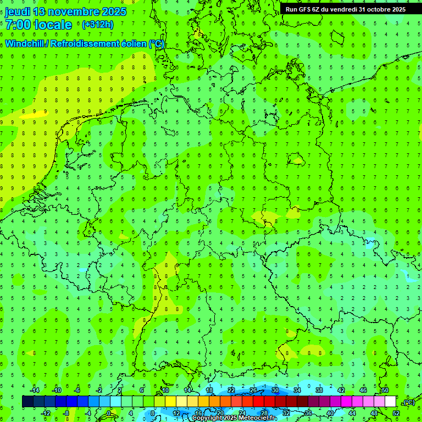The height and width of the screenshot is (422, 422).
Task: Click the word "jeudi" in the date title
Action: [x=17, y=12]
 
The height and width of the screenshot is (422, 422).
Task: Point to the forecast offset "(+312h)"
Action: [x=97, y=25]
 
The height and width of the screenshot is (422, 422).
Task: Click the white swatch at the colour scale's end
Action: [x=390, y=402]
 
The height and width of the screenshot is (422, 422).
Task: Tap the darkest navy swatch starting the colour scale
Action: [x=27, y=402]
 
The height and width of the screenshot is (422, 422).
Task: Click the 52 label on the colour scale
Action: [x=396, y=413]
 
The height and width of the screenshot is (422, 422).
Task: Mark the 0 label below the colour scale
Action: [x=109, y=413]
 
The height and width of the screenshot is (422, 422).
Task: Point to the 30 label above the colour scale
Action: [x=275, y=390]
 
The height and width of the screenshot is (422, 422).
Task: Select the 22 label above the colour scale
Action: [x=231, y=390]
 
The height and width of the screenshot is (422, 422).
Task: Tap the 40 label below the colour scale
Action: [x=330, y=413]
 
